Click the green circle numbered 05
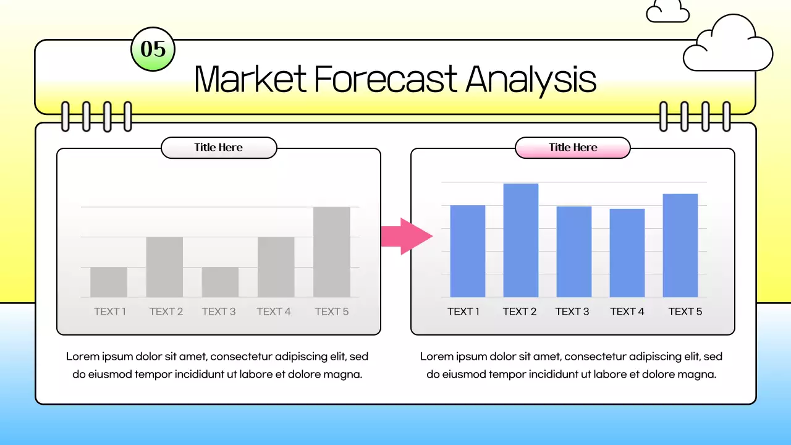(153, 49)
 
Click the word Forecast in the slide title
(386, 78)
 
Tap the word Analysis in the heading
(531, 80)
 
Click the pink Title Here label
(572, 148)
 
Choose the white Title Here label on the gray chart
(218, 148)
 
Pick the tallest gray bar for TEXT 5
(332, 252)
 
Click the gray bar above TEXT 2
(164, 267)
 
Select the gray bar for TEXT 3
(220, 282)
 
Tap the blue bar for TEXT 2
(520, 240)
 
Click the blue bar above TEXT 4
(627, 253)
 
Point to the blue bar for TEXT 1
(467, 251)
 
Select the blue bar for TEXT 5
(680, 245)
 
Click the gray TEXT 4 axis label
(274, 311)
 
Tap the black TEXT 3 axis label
(572, 311)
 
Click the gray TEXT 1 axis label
(110, 311)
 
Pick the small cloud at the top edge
(667, 12)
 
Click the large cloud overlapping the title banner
(729, 46)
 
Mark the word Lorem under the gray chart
(82, 357)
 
